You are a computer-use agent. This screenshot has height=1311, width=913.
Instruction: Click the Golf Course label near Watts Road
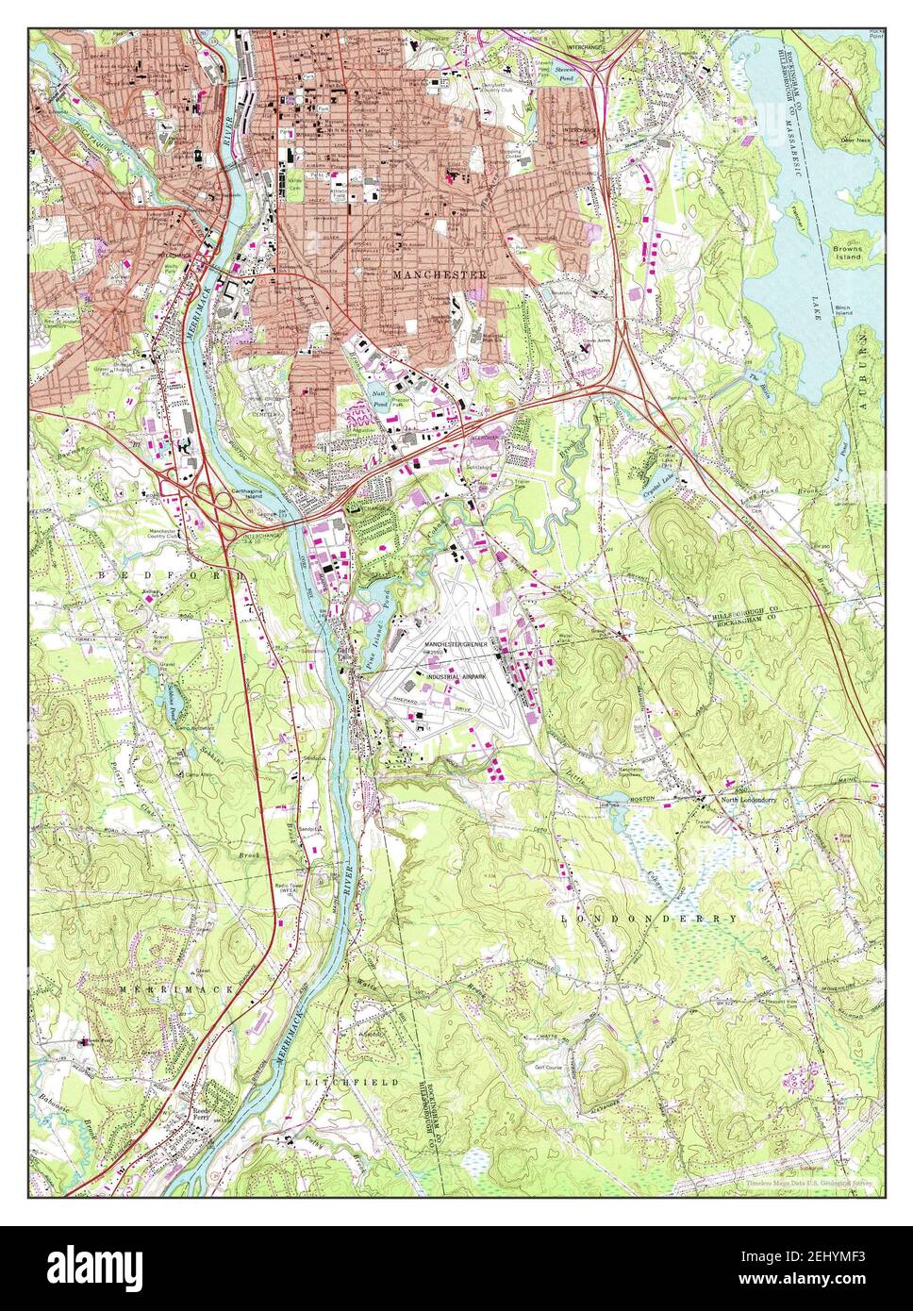[x=556, y=1067]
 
